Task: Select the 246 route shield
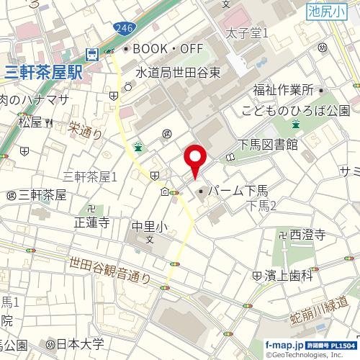click(x=123, y=27)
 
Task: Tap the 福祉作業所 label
click(x=283, y=91)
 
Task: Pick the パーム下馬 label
click(x=238, y=192)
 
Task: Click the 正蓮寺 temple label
click(x=91, y=222)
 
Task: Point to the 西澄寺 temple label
click(x=307, y=235)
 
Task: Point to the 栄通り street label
click(x=86, y=130)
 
